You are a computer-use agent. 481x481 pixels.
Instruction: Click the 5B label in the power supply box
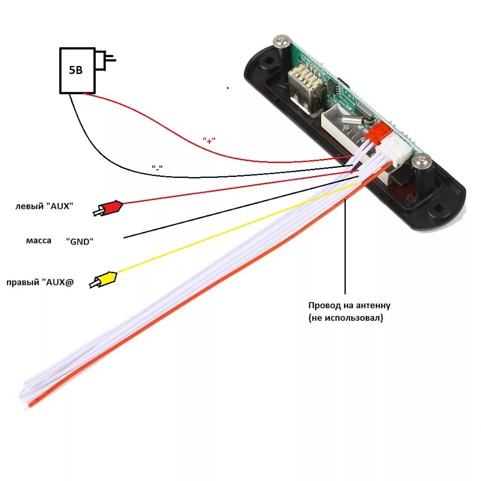pos(76,70)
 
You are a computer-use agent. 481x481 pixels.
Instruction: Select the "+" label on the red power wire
pos(209,141)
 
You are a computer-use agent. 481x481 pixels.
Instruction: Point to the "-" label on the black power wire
pos(157,168)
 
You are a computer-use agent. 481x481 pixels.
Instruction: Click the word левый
pos(30,206)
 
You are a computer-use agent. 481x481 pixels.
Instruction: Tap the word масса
pos(39,241)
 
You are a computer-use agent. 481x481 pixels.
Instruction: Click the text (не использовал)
pos(346,318)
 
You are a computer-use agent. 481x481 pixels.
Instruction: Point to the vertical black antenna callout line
pos(345,246)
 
